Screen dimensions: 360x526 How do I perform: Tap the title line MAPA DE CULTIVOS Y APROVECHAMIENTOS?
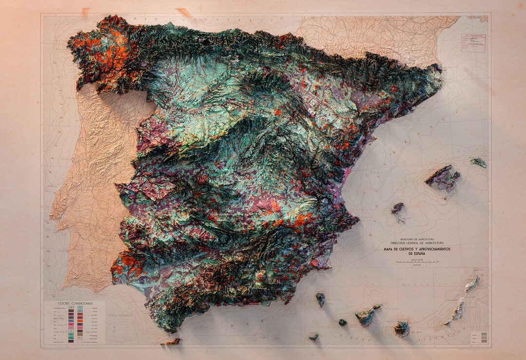pos(417,249)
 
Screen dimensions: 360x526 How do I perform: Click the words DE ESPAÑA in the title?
pos(417,254)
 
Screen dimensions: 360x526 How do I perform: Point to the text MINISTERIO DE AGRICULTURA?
pos(417,239)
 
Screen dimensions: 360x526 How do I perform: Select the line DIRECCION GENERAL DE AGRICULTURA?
pos(417,243)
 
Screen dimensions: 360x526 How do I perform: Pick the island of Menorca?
pos(479,162)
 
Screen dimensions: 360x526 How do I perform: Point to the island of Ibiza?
pos(398,208)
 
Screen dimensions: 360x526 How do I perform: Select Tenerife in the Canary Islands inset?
pos(367,315)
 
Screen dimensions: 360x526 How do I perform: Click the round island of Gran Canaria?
pos(402,329)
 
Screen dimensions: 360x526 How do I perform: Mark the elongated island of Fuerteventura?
pos(456,311)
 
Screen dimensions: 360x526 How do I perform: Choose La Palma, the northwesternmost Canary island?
pos(320,299)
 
